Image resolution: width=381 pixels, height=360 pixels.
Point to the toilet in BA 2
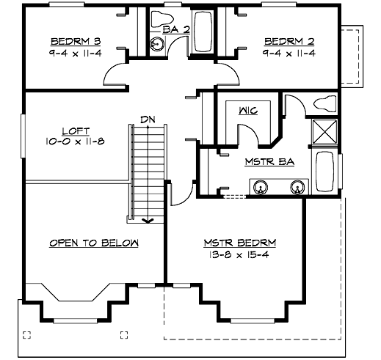click(162, 18)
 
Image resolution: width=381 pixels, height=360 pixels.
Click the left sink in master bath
click(260, 188)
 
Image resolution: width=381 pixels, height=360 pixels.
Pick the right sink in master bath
click(297, 188)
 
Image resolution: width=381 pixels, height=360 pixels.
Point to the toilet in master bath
click(322, 104)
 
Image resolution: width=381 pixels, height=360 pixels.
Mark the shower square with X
click(324, 133)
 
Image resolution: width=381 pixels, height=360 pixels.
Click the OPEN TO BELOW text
click(95, 243)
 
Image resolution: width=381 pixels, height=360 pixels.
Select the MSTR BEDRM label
click(236, 242)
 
